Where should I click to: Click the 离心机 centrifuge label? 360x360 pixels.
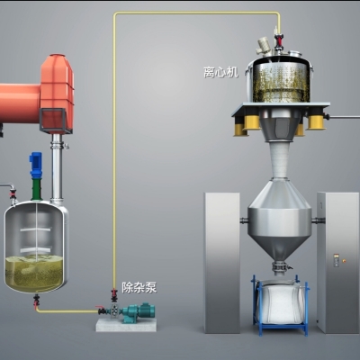pyautogui.click(x=220, y=72)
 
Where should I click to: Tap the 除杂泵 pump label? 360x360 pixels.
pyautogui.click(x=139, y=287)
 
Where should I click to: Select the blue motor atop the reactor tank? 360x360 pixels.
pyautogui.click(x=35, y=165)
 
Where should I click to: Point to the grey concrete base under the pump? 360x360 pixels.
pyautogui.click(x=126, y=325)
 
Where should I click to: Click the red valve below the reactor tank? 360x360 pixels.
pyautogui.click(x=37, y=300)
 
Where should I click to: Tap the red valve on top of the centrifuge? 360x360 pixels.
pyautogui.click(x=279, y=40)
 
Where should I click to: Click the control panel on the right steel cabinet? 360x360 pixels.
pyautogui.click(x=337, y=260)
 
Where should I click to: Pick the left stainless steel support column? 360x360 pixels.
pyautogui.click(x=222, y=263)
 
